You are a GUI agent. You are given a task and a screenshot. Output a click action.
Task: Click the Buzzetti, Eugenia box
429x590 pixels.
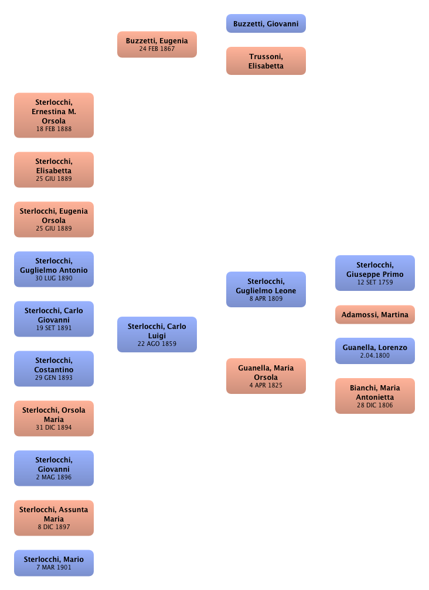[156, 44]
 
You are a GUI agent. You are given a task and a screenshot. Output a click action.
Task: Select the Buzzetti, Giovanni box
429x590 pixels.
[265, 24]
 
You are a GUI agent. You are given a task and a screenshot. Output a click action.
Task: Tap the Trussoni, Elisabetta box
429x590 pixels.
[265, 61]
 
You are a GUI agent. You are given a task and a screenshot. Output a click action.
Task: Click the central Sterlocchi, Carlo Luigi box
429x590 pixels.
[156, 335]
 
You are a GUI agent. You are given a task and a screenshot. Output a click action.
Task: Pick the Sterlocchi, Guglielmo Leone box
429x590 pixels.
[265, 290]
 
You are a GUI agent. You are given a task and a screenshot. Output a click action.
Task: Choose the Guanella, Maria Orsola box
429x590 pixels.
[265, 376]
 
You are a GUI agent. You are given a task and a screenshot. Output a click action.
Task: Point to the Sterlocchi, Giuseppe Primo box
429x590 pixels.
[374, 273]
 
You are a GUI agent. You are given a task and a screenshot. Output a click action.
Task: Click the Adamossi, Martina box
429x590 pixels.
[374, 315]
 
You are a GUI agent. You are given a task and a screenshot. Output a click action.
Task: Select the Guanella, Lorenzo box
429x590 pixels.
[374, 351]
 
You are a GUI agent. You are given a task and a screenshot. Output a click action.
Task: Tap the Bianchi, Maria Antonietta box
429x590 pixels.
[374, 396]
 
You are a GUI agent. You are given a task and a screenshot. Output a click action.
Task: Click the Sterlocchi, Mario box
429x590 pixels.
[53, 563]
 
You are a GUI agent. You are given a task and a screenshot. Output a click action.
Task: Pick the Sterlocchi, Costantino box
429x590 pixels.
[53, 369]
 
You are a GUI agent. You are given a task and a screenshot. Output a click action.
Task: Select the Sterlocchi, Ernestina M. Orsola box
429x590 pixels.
[53, 115]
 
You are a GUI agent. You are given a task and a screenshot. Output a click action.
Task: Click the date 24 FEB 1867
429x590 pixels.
[156, 49]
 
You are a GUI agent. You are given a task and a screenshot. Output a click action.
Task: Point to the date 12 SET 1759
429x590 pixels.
[374, 283]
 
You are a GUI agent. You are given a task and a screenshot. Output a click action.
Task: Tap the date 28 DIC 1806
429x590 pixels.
[374, 405]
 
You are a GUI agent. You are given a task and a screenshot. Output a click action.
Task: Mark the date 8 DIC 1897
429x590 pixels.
[53, 527]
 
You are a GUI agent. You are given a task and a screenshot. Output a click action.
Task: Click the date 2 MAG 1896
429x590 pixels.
[53, 478]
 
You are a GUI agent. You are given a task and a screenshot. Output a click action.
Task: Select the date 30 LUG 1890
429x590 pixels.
[53, 279]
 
